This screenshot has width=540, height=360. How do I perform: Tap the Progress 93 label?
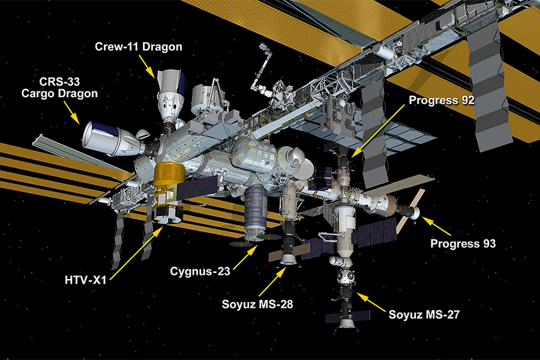click(x=464, y=244)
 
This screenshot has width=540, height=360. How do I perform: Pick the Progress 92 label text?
click(x=442, y=100)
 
